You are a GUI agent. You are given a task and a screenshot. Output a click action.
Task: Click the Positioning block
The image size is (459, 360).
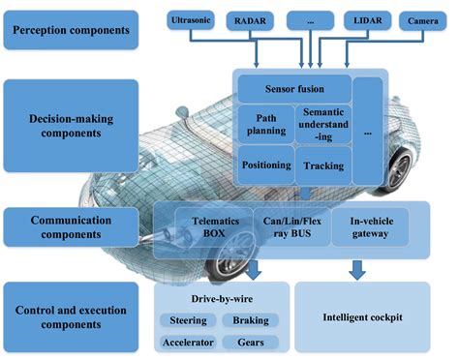coord(264,165)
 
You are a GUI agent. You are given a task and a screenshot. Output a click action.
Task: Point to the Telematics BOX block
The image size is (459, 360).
coord(204,227)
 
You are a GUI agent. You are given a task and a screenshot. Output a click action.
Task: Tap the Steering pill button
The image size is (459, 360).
coord(188,320)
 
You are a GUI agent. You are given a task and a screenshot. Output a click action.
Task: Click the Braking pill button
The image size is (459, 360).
coord(251,320)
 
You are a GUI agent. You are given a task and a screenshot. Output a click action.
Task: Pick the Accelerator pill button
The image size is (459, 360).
coord(188,342)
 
